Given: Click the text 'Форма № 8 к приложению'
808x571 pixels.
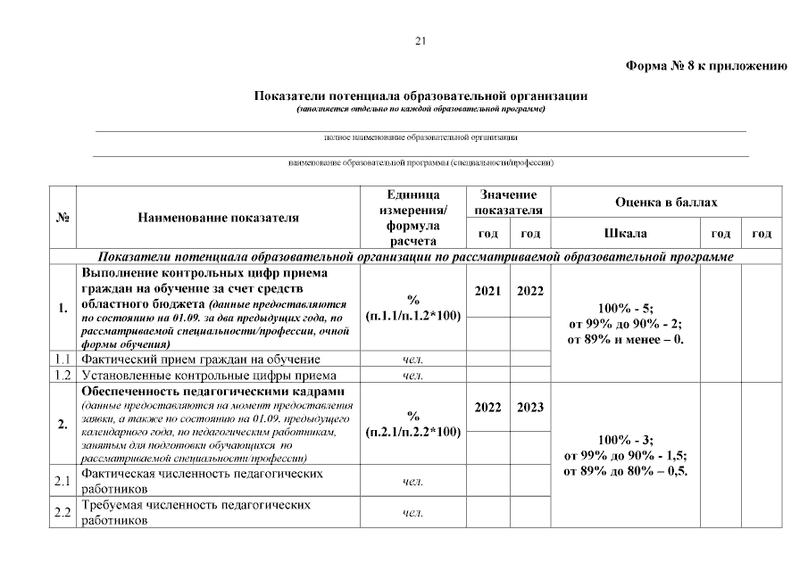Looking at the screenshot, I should pyautogui.click(x=705, y=67).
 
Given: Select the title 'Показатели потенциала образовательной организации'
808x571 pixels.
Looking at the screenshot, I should pyautogui.click(x=421, y=95).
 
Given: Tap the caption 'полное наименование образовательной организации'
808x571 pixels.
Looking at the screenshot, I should pyautogui.click(x=421, y=137).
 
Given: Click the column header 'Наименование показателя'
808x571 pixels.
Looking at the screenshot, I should pyautogui.click(x=219, y=217).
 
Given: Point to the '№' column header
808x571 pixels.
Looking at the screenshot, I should pyautogui.click(x=63, y=217).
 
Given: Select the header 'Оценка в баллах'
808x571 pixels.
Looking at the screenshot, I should pyautogui.click(x=666, y=203).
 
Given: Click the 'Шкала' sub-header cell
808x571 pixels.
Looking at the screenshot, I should pyautogui.click(x=625, y=234).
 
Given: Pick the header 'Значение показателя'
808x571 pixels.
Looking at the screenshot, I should pyautogui.click(x=508, y=203).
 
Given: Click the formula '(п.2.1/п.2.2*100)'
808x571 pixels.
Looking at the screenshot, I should pyautogui.click(x=413, y=432).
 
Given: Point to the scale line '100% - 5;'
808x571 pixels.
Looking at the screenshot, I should pyautogui.click(x=625, y=304).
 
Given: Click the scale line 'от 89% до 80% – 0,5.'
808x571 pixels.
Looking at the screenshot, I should pyautogui.click(x=625, y=471).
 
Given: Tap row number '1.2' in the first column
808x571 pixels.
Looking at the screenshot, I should pyautogui.click(x=63, y=376).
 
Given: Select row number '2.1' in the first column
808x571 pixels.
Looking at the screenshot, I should pyautogui.click(x=63, y=482).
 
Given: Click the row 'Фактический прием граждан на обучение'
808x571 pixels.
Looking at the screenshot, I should pyautogui.click(x=201, y=359).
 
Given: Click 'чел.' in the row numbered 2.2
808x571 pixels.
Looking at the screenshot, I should pyautogui.click(x=413, y=513).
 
